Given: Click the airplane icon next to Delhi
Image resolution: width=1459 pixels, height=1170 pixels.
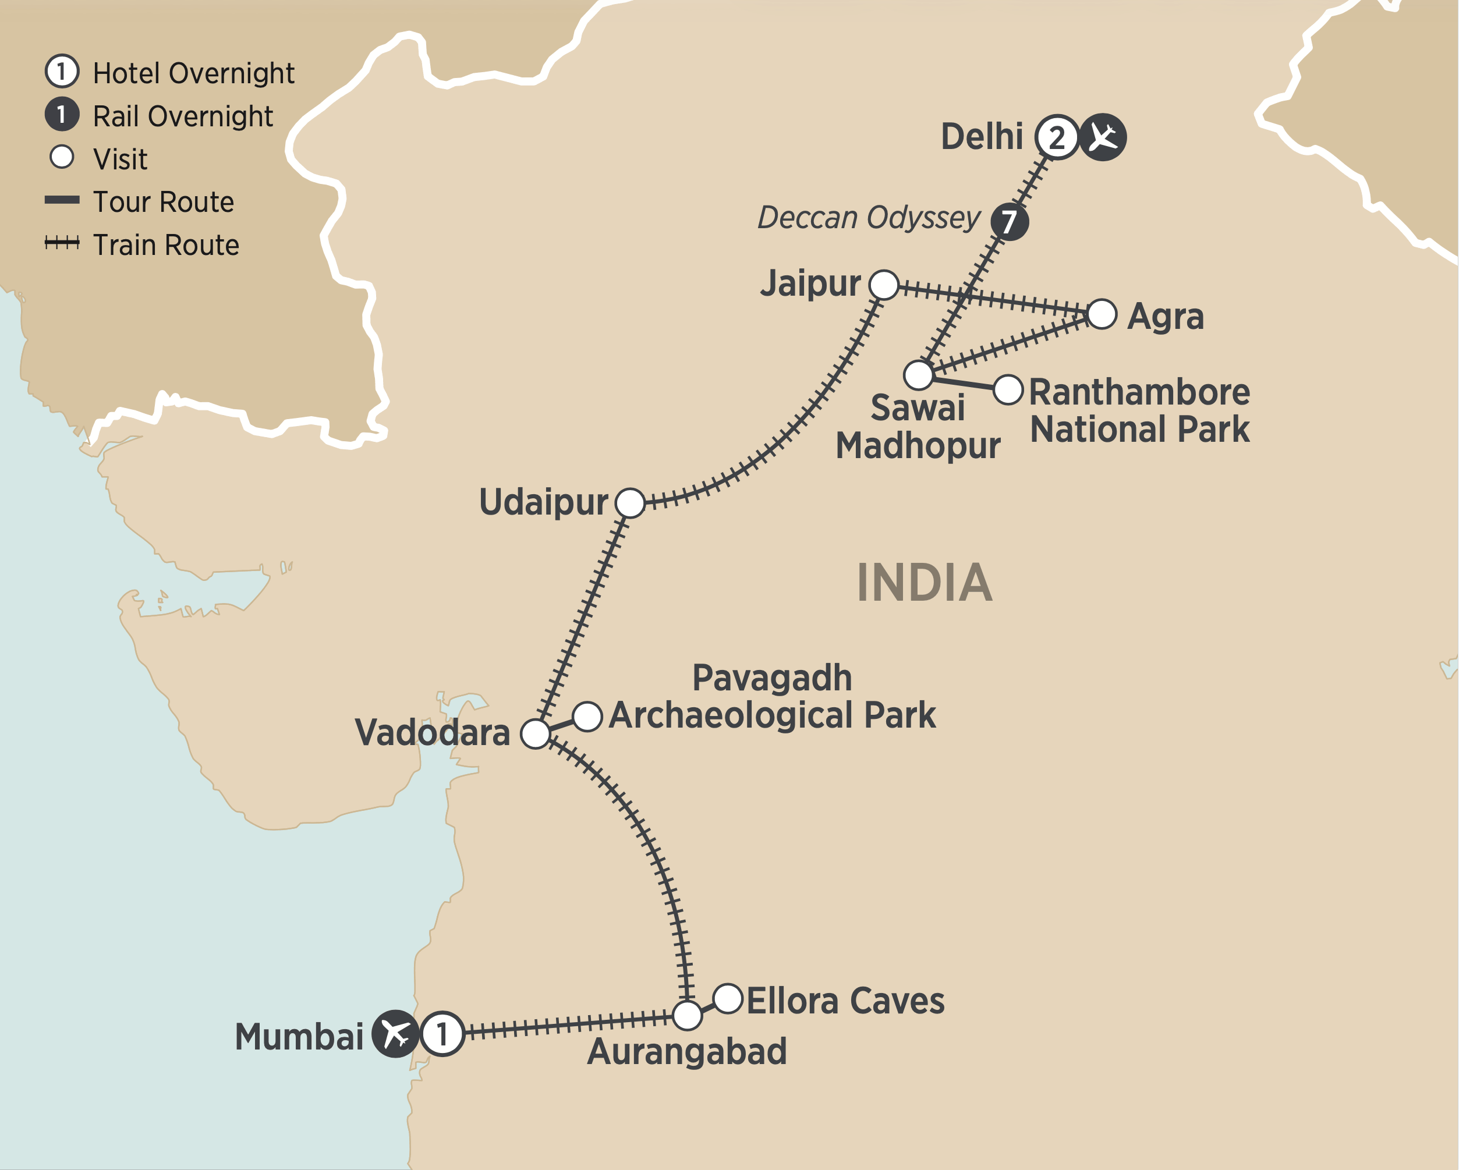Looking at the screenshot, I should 1102,137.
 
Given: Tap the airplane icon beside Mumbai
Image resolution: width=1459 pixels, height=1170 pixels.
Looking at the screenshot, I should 396,1033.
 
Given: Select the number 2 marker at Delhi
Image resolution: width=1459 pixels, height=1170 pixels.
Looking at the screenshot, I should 1057,137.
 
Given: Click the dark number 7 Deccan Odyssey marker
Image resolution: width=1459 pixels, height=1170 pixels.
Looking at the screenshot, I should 1010,221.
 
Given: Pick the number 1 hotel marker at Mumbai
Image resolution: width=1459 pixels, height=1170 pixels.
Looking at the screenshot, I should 442,1033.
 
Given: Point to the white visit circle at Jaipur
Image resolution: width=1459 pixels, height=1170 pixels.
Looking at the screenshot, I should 884,285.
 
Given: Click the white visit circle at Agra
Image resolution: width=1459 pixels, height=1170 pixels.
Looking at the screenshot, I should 1102,314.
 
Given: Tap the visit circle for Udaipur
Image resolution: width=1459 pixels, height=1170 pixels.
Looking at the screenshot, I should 630,503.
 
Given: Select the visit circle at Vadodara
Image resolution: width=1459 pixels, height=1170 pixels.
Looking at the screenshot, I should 535,733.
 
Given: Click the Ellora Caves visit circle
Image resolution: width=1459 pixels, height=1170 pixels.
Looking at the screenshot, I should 728,998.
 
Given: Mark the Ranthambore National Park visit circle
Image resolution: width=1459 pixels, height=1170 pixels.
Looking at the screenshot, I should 1008,390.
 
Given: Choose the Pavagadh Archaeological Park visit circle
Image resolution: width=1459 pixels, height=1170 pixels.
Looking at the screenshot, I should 587,716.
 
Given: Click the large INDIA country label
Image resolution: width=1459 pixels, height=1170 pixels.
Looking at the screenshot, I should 925,583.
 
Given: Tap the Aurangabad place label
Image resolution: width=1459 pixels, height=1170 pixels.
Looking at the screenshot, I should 687,1051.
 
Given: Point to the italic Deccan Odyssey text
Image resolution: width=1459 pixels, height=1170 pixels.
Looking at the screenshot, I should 869,218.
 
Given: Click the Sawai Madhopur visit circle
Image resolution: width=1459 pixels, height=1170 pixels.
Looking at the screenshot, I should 918,375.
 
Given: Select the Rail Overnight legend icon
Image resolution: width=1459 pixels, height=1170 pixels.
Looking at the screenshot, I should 62,115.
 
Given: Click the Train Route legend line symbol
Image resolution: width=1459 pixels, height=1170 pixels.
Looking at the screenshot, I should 62,242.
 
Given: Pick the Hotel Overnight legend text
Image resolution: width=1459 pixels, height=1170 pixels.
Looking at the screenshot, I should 193,73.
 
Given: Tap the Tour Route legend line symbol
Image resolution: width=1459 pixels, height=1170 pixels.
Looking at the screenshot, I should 62,200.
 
